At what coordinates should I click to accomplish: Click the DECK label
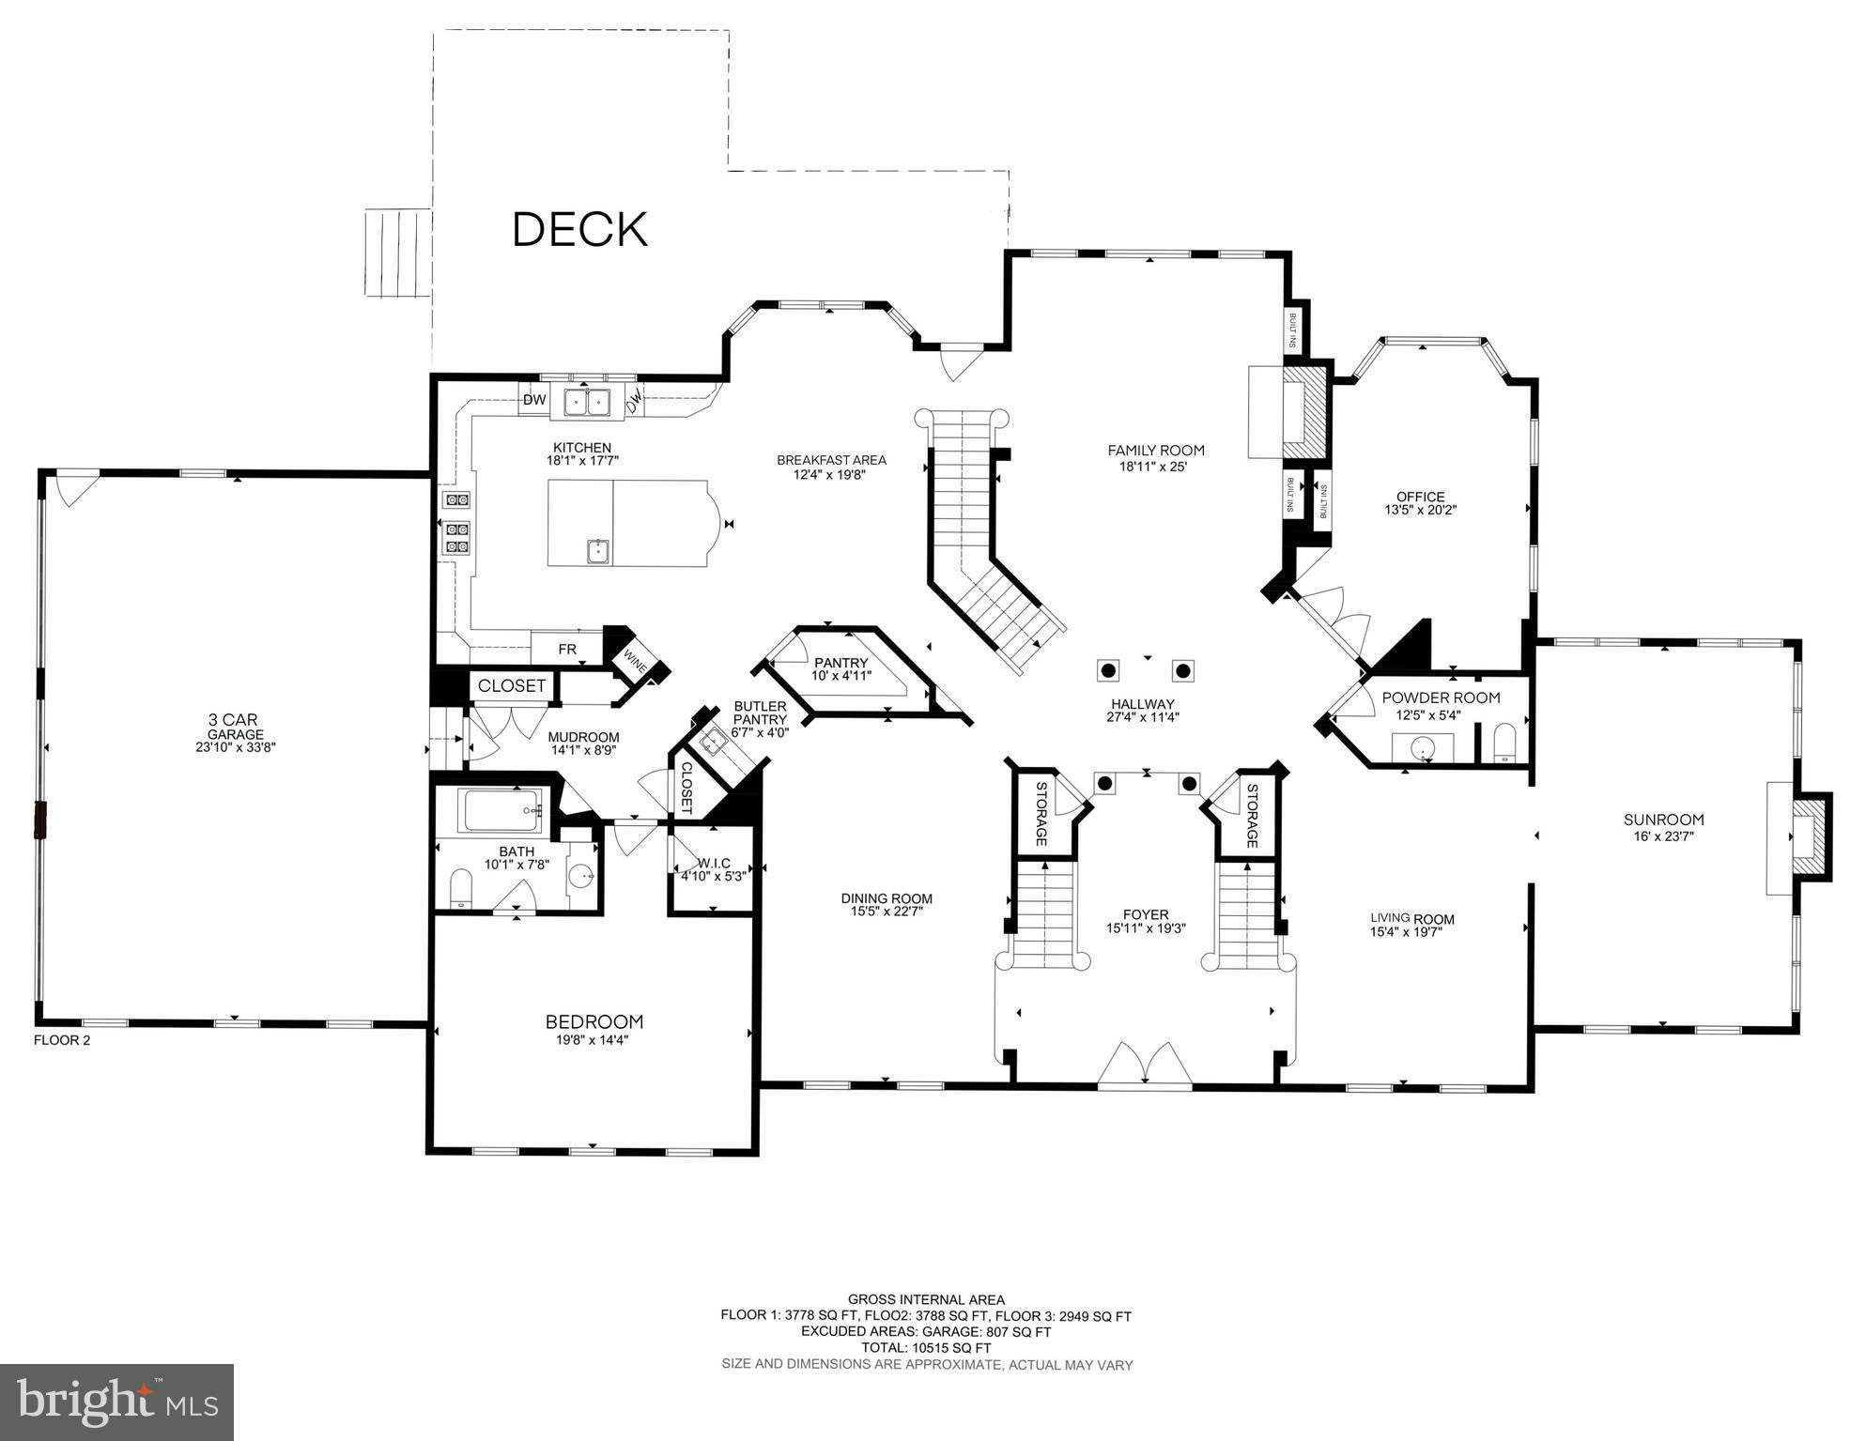(580, 229)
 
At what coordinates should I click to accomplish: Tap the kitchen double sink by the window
(587, 402)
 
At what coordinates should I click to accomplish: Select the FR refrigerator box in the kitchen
(567, 648)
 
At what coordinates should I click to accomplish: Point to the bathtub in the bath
(502, 810)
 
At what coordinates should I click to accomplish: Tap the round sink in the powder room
(1423, 748)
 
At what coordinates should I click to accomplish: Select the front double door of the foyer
(1146, 1065)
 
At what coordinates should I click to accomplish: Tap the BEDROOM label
(594, 1021)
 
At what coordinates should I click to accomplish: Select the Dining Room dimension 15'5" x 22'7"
(887, 911)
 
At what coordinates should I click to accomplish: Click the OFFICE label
(1420, 497)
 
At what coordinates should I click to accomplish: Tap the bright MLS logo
(116, 1402)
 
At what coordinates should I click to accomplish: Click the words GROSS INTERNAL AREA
(926, 1300)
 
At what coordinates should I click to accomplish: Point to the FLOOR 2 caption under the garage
(62, 1040)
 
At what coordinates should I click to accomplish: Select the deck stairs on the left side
(397, 253)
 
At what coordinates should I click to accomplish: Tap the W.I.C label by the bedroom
(714, 863)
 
